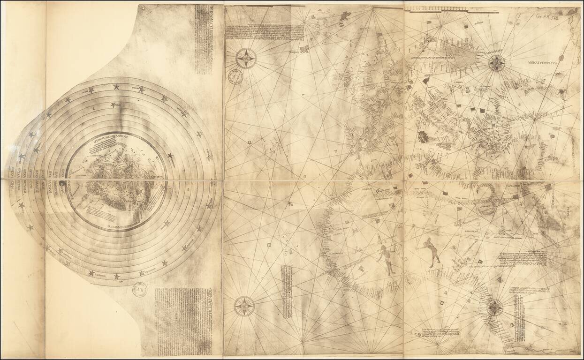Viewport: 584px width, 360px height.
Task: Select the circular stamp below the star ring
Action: [139, 289]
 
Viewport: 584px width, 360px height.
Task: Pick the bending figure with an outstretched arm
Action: [432, 251]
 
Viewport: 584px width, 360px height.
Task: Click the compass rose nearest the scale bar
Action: [496, 63]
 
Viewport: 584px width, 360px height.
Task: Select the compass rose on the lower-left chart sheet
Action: [244, 306]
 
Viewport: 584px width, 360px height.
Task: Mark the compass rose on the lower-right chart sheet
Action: [494, 308]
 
